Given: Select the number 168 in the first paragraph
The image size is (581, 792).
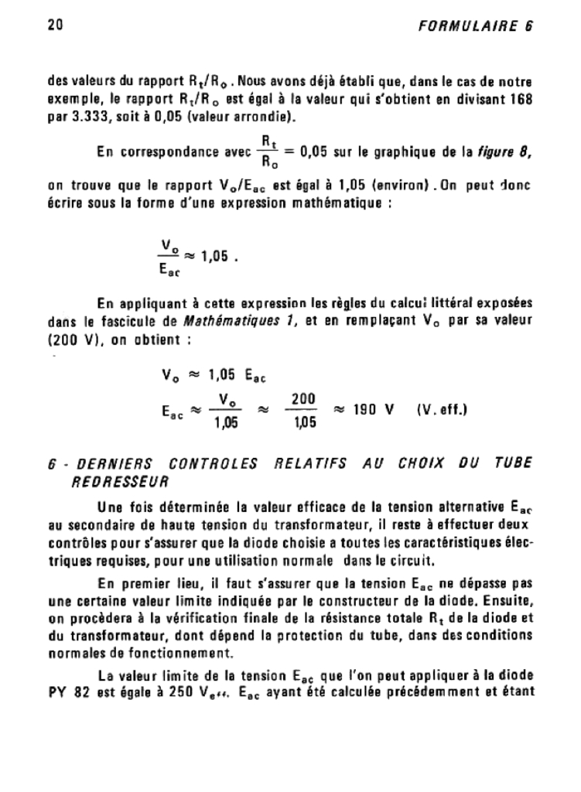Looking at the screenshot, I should (x=520, y=102).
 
